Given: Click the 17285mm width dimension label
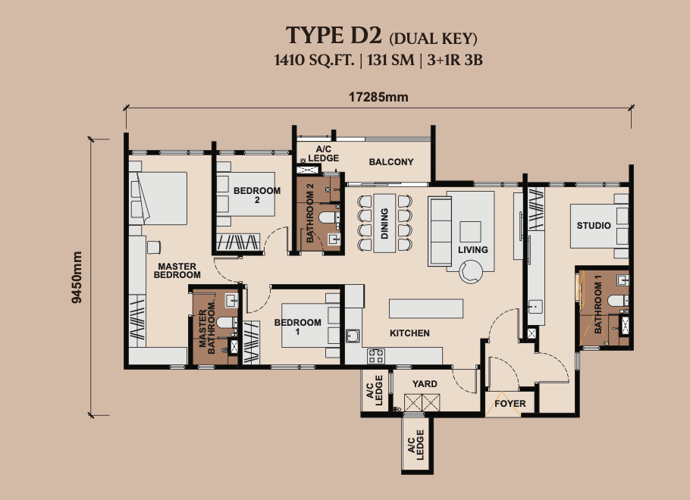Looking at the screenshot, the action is coord(378,97).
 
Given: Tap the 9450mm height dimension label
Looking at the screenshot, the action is coord(77,277).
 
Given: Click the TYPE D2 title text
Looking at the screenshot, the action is coord(334,35).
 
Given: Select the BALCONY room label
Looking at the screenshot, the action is coord(391,162).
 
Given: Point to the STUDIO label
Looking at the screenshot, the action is coord(594,226).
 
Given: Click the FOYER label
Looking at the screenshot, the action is coord(510,403).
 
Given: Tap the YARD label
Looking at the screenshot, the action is coord(425,384).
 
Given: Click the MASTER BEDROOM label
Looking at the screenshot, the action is coord(177,270).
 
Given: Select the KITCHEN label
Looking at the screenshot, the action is coord(409,333).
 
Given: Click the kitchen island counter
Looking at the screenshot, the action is coord(426,308).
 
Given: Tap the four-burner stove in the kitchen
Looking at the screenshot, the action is coord(376,356).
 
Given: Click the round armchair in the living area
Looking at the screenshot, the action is coord(471,271).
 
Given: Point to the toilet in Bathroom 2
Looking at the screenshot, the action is coord(328,217).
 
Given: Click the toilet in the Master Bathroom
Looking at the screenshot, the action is coord(227,323).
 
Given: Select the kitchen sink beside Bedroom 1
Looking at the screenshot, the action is coord(353,336).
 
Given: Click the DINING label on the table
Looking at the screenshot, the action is coord(384,223).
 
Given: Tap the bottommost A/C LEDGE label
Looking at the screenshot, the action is coord(416,445).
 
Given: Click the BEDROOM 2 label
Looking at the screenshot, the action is coord(257,195).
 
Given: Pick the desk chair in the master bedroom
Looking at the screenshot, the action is coord(154,247).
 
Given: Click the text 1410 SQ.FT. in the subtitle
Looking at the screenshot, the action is coord(314,60).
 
